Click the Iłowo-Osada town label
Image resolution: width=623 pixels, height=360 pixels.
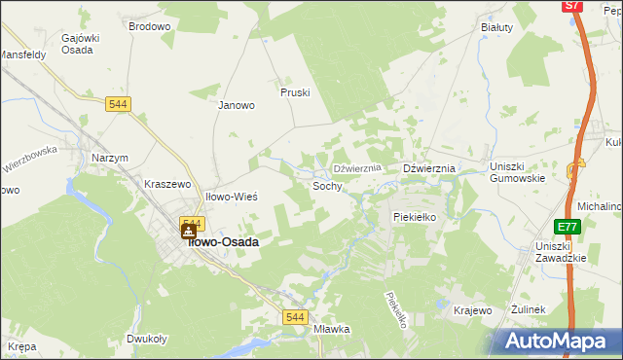tap(223, 242)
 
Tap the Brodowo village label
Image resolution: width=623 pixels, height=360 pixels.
tap(149, 27)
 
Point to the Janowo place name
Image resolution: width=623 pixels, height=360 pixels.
tap(236, 105)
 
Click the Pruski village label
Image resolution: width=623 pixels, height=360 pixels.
tap(295, 92)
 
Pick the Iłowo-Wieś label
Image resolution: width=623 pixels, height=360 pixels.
tap(231, 197)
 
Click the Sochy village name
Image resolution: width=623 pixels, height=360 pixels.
tap(327, 185)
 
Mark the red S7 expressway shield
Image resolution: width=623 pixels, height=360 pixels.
tap(573, 6)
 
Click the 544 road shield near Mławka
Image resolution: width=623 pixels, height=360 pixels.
tap(296, 317)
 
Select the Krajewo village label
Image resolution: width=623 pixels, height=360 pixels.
tap(473, 310)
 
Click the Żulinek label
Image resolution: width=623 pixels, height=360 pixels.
tap(531, 309)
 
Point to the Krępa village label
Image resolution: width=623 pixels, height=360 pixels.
tap(21, 346)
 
